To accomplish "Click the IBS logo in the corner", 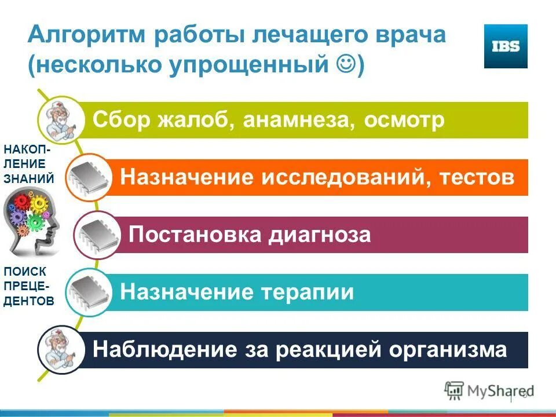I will point(506,46).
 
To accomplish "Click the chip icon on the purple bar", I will point(96,234).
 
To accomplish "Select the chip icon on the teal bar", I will point(88,291).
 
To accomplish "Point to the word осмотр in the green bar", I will point(405,120).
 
